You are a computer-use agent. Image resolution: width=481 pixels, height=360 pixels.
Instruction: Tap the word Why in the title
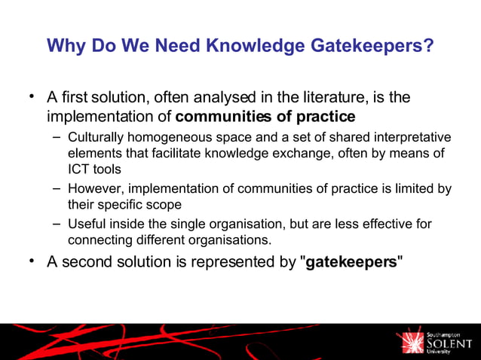point(64,47)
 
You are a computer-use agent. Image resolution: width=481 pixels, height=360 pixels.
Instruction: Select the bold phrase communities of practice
point(265,117)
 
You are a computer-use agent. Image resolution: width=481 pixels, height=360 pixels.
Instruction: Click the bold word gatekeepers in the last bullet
point(351,264)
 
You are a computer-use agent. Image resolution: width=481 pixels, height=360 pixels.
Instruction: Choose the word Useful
point(85,224)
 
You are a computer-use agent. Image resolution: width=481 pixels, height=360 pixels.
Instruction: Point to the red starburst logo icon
point(413,342)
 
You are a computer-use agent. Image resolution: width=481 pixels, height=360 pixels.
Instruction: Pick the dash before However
point(57,188)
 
